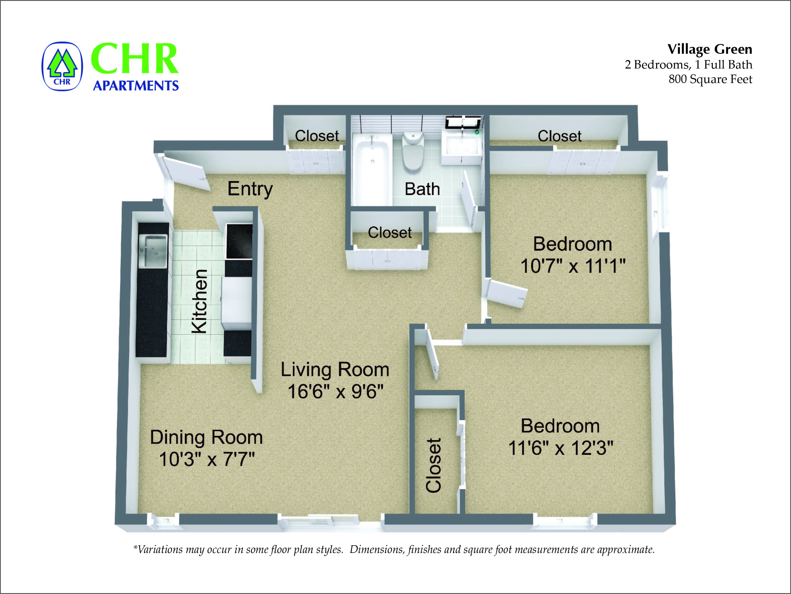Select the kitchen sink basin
coord(153,250)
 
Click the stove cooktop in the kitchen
coord(239,241)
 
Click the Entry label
coord(250,189)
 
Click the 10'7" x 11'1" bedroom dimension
coord(573,266)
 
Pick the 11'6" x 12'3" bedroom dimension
coord(560,448)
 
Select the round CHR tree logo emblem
coord(62,67)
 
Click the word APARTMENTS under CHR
coord(136,86)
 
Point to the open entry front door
coord(186,174)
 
